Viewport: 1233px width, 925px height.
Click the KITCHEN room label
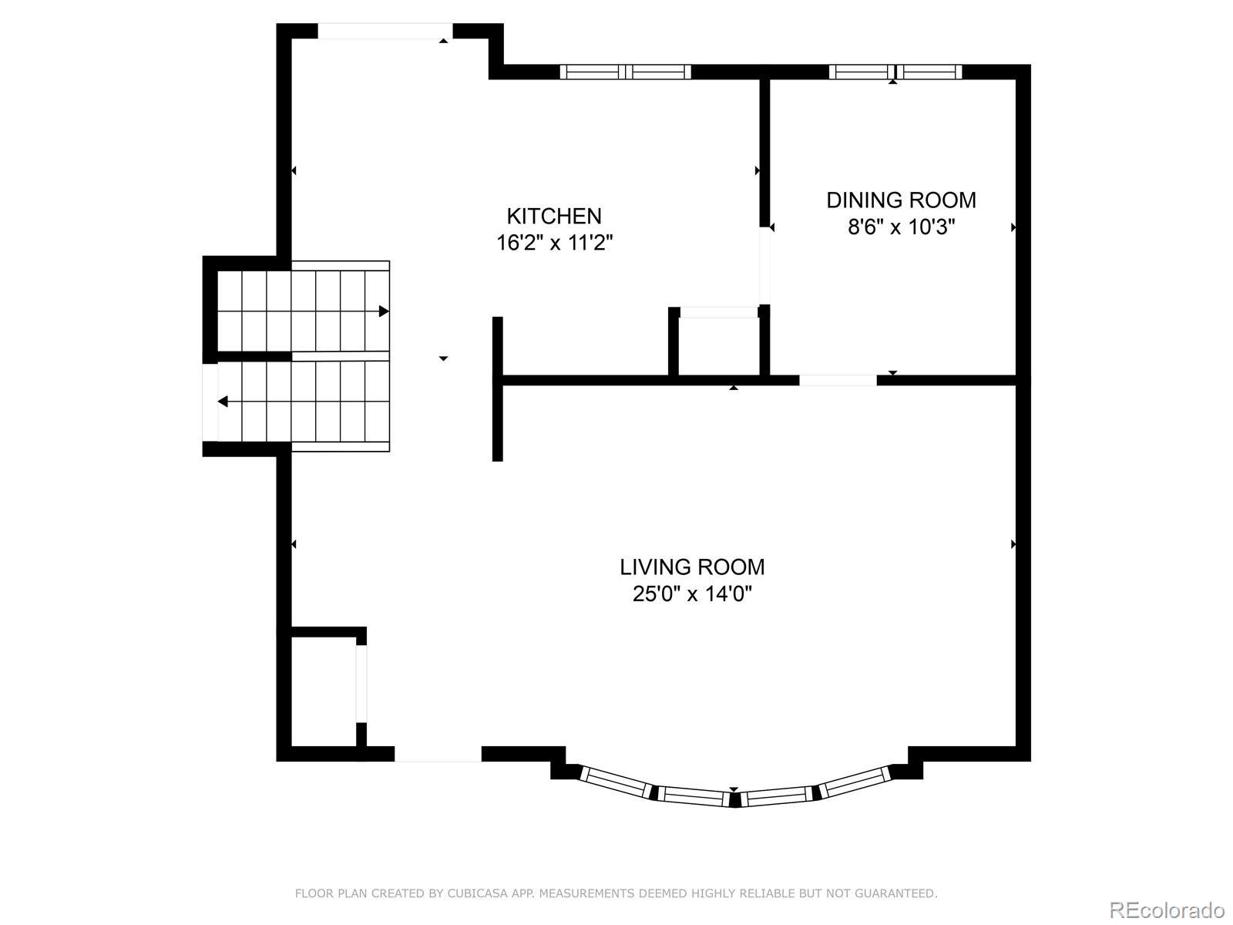pyautogui.click(x=554, y=217)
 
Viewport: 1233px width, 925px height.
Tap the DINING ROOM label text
pyautogui.click(x=901, y=200)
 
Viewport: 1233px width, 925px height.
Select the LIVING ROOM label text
pyautogui.click(x=692, y=567)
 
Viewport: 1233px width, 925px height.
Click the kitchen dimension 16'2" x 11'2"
pyautogui.click(x=554, y=243)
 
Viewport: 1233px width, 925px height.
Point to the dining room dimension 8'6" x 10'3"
pyautogui.click(x=901, y=227)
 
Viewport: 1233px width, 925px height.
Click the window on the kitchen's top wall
pyautogui.click(x=625, y=72)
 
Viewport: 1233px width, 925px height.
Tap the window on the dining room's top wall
pyautogui.click(x=895, y=72)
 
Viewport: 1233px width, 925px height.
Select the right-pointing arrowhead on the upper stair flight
pyautogui.click(x=384, y=311)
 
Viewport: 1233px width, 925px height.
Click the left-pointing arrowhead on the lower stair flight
pyautogui.click(x=223, y=402)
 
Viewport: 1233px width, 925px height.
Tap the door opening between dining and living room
pyautogui.click(x=838, y=380)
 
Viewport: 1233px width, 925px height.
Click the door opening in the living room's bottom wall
pyautogui.click(x=438, y=755)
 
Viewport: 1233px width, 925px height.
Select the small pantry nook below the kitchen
pyautogui.click(x=718, y=347)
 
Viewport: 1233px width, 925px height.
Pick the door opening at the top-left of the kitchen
pyautogui.click(x=385, y=31)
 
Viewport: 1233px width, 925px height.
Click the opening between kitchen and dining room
pyautogui.click(x=764, y=266)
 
